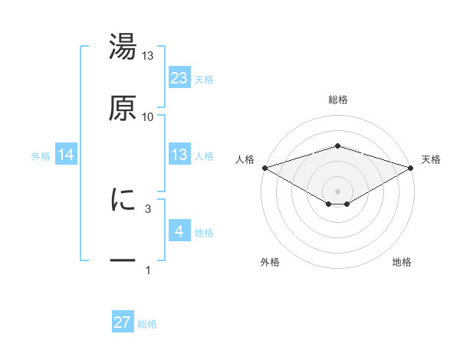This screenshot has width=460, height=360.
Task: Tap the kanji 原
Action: click(123, 107)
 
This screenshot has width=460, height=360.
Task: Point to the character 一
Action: click(123, 260)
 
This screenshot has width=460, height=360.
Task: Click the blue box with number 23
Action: click(179, 78)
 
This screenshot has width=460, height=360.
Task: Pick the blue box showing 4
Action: click(179, 231)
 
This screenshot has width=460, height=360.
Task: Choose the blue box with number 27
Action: click(123, 322)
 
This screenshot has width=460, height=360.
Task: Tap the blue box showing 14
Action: click(66, 155)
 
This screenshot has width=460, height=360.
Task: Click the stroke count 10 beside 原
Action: click(148, 116)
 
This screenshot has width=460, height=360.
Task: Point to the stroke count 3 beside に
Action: click(148, 208)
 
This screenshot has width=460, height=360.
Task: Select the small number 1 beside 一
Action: click(148, 270)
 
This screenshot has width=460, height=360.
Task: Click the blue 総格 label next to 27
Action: click(147, 324)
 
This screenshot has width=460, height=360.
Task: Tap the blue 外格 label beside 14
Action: click(41, 155)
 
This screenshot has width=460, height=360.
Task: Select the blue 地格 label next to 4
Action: click(204, 232)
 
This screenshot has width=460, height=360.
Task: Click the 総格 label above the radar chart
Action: click(337, 100)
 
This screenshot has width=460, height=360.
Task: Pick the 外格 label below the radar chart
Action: click(270, 262)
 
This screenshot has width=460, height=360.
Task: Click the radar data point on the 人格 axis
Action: click(264, 167)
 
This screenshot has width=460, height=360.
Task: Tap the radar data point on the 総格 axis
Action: click(337, 146)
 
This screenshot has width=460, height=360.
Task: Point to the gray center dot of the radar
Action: click(337, 190)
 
